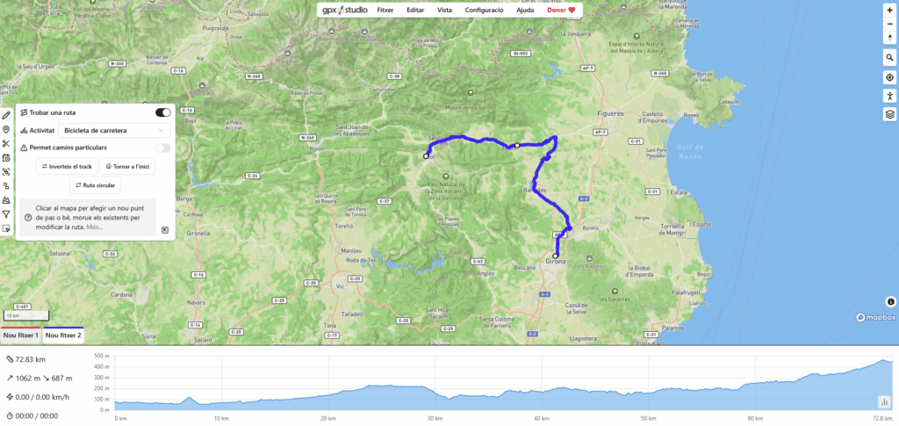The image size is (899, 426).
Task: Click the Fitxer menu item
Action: pyautogui.click(x=385, y=10)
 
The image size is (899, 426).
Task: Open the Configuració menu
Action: pyautogui.click(x=484, y=10)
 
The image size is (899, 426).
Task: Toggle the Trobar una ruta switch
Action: pyautogui.click(x=162, y=112)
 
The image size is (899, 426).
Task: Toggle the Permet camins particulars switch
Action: pyautogui.click(x=162, y=148)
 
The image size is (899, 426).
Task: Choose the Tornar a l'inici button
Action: pyautogui.click(x=126, y=166)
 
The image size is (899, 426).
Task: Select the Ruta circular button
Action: pyautogui.click(x=97, y=185)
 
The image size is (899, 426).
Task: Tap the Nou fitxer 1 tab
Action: pyautogui.click(x=20, y=336)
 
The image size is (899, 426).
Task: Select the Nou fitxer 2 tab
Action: pyautogui.click(x=63, y=336)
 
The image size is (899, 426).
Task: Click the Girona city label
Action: pyautogui.click(x=556, y=262)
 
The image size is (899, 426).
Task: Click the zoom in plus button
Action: pyautogui.click(x=889, y=10)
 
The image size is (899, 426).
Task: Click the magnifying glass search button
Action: pyautogui.click(x=889, y=58)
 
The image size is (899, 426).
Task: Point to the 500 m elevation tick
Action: pyautogui.click(x=102, y=356)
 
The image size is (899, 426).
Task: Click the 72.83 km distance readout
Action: pyautogui.click(x=31, y=359)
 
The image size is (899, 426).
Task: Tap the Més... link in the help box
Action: pyautogui.click(x=95, y=227)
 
